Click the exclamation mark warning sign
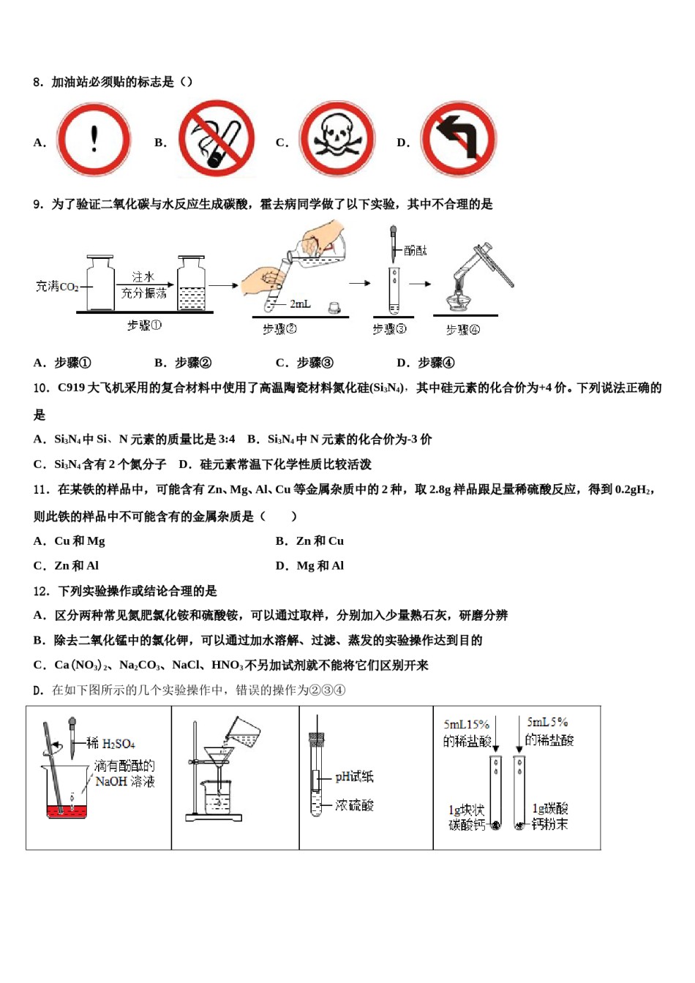[94, 139]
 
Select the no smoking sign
[217, 139]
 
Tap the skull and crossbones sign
[337, 139]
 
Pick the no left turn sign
[459, 139]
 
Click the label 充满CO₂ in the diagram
[57, 287]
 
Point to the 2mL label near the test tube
[300, 304]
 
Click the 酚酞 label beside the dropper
[415, 251]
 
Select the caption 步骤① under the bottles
[144, 325]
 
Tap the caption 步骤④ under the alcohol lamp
[462, 330]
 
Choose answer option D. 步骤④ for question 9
[426, 363]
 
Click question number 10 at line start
[41, 388]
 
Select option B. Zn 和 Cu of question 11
[310, 541]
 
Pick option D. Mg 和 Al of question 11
[310, 566]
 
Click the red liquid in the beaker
[67, 810]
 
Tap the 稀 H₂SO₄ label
[110, 744]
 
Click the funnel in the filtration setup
[217, 756]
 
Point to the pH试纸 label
[354, 777]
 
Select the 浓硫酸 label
[354, 805]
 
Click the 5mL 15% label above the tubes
[466, 724]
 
